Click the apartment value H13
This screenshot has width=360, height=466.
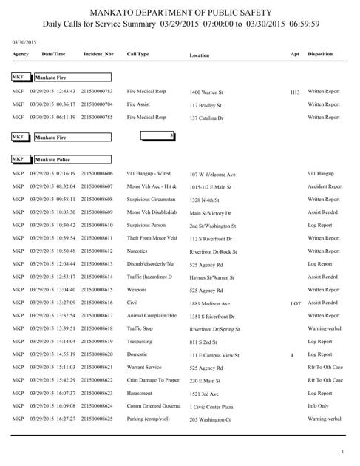click(x=294, y=92)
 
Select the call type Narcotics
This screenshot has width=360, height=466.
click(x=137, y=251)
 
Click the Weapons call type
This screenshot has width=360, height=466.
click(x=137, y=289)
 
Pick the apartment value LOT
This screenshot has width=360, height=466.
click(x=295, y=303)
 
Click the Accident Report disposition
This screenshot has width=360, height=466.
click(x=325, y=186)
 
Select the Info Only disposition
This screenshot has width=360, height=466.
click(x=320, y=406)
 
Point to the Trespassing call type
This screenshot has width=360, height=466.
click(x=140, y=341)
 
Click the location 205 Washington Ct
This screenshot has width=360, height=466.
click(x=211, y=419)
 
